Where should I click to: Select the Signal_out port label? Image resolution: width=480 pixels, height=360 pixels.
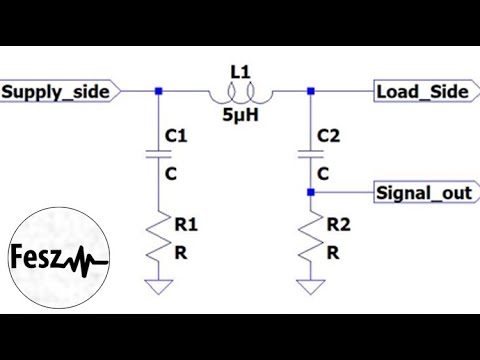coord(423,192)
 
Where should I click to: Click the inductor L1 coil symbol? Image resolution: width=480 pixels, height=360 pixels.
coord(237,96)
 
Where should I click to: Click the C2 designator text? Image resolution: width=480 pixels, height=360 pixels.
coord(328,133)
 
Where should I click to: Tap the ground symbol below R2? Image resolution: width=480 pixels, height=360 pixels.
coord(310,287)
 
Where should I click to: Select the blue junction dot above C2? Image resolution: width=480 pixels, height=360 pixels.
coord(310,92)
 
